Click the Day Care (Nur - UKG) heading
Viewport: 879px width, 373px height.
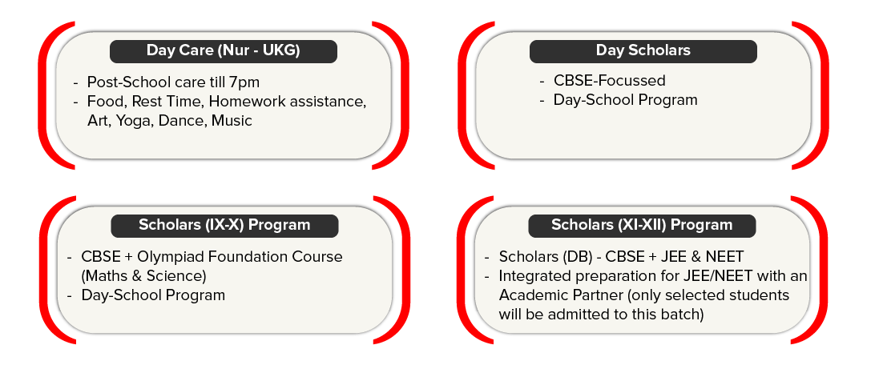[223, 51]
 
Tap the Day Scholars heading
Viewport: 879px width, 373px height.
[643, 51]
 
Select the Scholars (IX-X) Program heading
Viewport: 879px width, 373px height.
[224, 225]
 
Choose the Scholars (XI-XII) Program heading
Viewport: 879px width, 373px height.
[642, 225]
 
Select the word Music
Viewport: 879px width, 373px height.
[232, 121]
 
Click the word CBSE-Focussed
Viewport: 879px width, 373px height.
[609, 81]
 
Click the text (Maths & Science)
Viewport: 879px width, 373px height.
[144, 276]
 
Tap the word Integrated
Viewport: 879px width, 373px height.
[536, 276]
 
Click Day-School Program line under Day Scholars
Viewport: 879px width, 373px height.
[625, 100]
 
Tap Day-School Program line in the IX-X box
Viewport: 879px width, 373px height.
[153, 295]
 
